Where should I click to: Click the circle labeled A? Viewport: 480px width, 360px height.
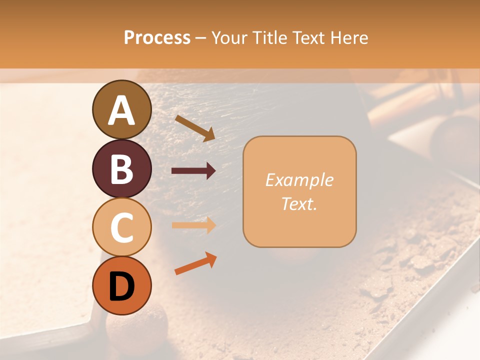122,109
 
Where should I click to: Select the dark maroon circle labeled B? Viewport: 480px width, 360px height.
122,168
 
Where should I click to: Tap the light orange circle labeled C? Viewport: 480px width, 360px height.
122,227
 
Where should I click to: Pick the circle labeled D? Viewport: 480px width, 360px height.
122,285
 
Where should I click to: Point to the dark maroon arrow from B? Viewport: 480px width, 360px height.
193,171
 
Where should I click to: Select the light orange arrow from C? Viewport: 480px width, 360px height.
193,225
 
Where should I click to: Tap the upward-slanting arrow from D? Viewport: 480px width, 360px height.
195,264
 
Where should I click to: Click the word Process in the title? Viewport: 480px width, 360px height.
157,38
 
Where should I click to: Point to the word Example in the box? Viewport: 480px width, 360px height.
299,180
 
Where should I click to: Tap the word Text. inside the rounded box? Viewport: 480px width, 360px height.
299,203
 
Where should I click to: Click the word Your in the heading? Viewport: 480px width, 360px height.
227,38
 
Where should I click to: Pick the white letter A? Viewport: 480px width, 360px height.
122,110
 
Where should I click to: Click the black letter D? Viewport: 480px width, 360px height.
122,286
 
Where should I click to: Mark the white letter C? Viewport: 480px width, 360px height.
122,228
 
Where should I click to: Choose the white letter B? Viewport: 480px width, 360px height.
122,169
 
